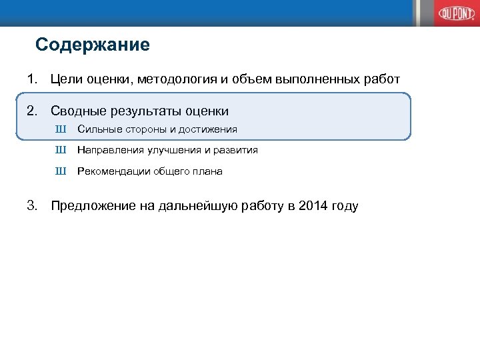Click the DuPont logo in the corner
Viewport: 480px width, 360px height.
tap(454, 13)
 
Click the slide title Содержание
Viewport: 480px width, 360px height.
tap(93, 45)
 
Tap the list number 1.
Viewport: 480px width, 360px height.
tap(31, 80)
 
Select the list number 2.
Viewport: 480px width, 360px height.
tap(31, 111)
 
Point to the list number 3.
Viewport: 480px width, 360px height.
tap(31, 205)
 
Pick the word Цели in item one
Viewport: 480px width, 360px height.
tap(66, 80)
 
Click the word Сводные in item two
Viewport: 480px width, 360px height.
tap(78, 111)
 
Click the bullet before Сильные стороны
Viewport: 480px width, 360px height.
tap(61, 129)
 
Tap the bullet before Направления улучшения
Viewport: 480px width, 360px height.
tap(61, 150)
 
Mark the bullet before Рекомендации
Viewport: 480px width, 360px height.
tap(61, 171)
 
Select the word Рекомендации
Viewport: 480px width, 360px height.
tap(113, 171)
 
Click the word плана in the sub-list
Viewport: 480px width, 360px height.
tap(208, 171)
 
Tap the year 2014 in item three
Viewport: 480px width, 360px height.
tap(314, 205)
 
